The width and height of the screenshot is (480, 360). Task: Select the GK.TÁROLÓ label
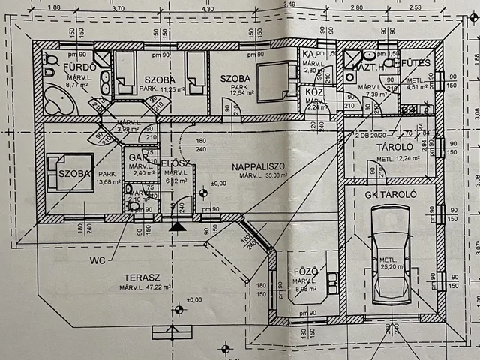click(390, 195)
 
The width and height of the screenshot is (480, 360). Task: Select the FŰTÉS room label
click(416, 63)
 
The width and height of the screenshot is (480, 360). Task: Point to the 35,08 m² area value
click(272, 176)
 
